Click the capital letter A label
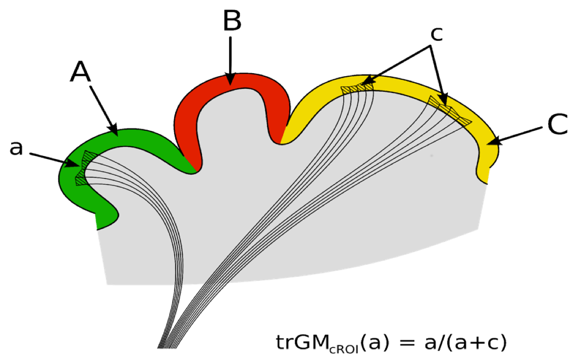[81, 73]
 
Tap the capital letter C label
[557, 125]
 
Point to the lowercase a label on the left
[17, 148]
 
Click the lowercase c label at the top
[437, 34]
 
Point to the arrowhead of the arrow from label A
[114, 131]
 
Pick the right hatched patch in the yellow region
[449, 110]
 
